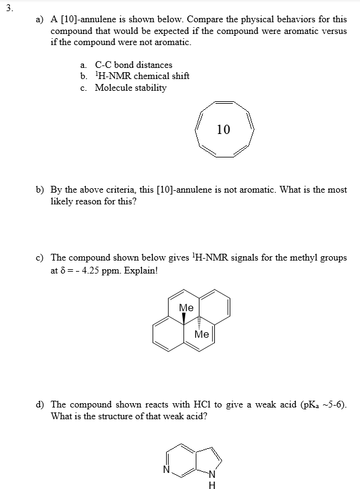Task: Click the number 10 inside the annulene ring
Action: click(224, 129)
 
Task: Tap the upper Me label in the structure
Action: click(186, 307)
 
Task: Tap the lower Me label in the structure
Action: click(201, 334)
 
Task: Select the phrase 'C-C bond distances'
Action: click(133, 65)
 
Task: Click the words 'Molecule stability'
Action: click(130, 88)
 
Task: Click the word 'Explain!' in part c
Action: click(143, 269)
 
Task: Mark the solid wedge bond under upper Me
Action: click(183, 318)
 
